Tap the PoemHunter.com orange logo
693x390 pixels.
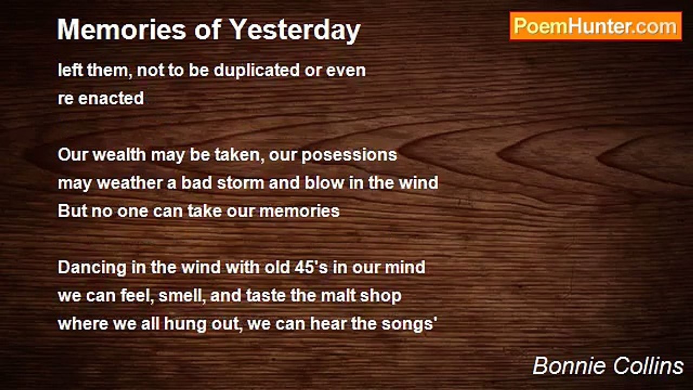pos(596,27)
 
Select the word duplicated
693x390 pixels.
pos(257,70)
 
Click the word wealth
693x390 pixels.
pos(119,154)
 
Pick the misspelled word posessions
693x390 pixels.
pos(349,155)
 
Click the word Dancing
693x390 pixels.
pos(92,268)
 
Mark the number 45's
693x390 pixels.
pos(311,267)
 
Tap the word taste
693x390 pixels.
pos(266,296)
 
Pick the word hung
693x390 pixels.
pos(185,324)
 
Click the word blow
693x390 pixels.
pos(324,183)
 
